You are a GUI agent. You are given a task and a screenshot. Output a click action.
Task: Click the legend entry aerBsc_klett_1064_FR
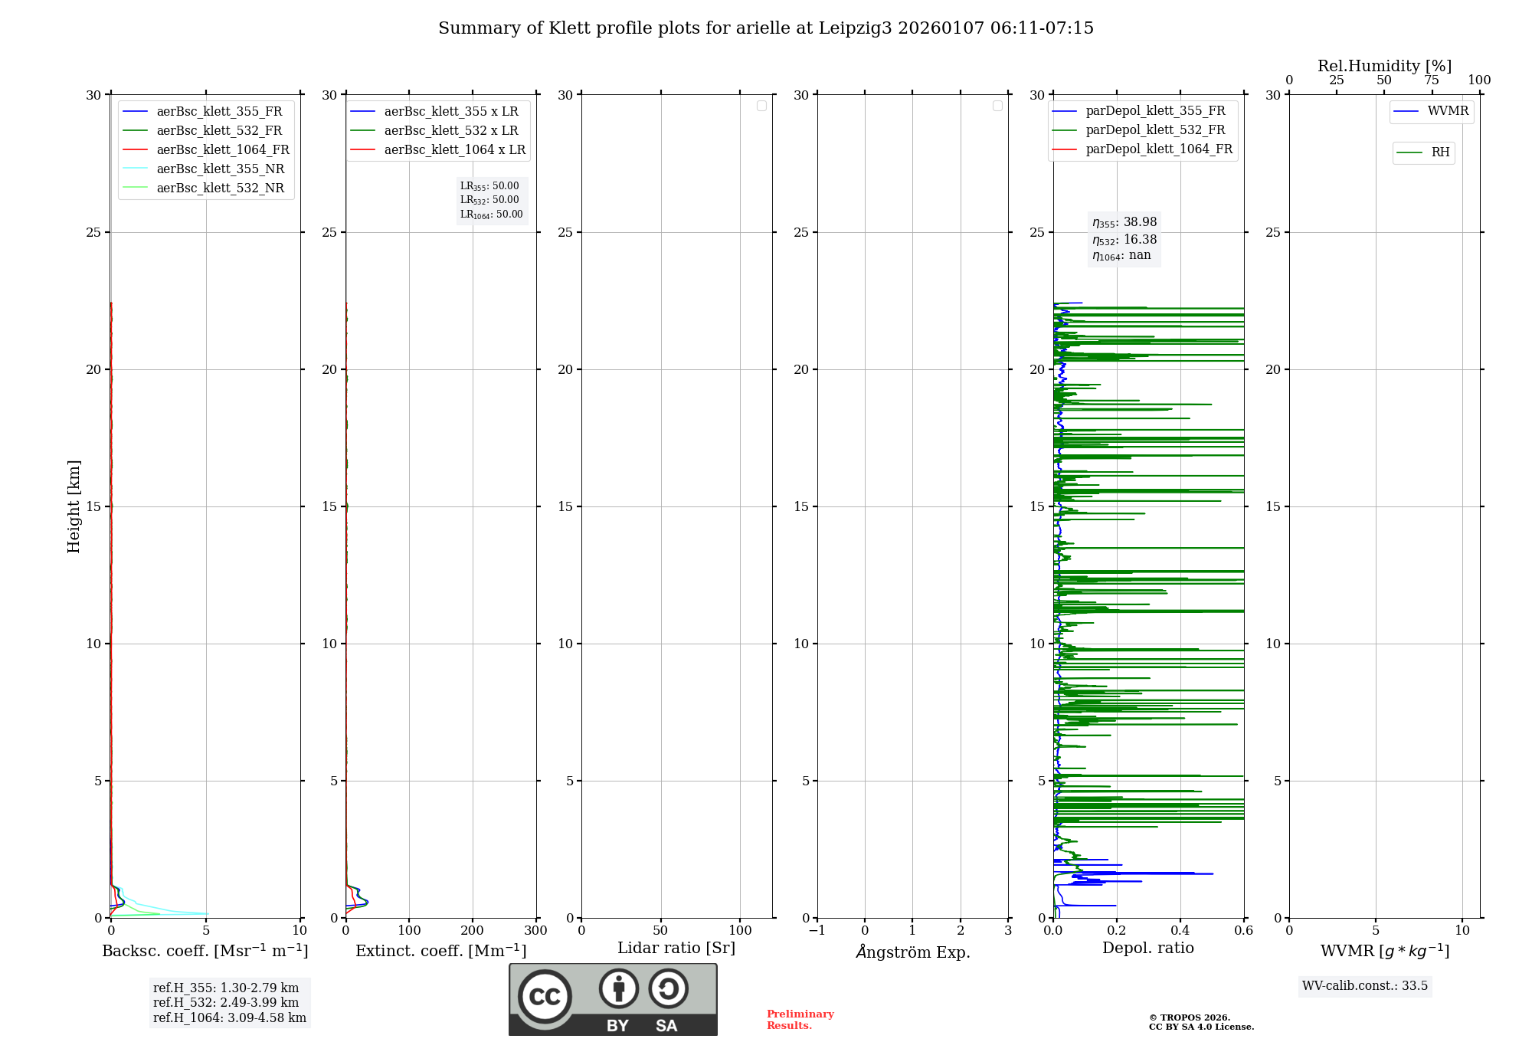(222, 150)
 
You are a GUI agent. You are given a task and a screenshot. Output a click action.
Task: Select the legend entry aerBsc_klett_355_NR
(220, 169)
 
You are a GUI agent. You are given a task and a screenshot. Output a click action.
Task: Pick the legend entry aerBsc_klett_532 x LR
(450, 131)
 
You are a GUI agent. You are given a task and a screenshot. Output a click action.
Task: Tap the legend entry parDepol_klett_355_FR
(1155, 111)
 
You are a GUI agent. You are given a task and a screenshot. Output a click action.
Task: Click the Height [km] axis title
(74, 506)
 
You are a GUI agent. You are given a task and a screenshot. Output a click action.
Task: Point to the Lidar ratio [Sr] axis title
(676, 949)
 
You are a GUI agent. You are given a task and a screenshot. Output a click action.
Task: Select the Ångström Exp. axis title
(913, 952)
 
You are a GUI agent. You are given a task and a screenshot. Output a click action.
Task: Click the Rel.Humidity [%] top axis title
(1384, 66)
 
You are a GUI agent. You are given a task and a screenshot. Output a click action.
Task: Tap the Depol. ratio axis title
(1147, 949)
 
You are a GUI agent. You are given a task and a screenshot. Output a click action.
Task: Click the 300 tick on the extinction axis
(536, 931)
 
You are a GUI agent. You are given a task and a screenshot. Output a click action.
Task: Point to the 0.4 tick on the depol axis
(1180, 931)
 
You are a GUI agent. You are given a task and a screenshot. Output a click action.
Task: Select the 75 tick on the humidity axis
(1432, 80)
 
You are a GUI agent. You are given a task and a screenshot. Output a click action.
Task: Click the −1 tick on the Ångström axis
(817, 931)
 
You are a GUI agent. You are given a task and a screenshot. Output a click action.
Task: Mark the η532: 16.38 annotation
(1124, 240)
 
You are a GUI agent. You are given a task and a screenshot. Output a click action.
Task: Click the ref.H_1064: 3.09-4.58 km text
(229, 1018)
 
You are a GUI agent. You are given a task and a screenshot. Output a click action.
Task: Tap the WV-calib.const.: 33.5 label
(1365, 986)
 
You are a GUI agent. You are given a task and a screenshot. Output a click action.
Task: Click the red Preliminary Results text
(800, 1020)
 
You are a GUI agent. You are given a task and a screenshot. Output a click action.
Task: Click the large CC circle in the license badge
(545, 997)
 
